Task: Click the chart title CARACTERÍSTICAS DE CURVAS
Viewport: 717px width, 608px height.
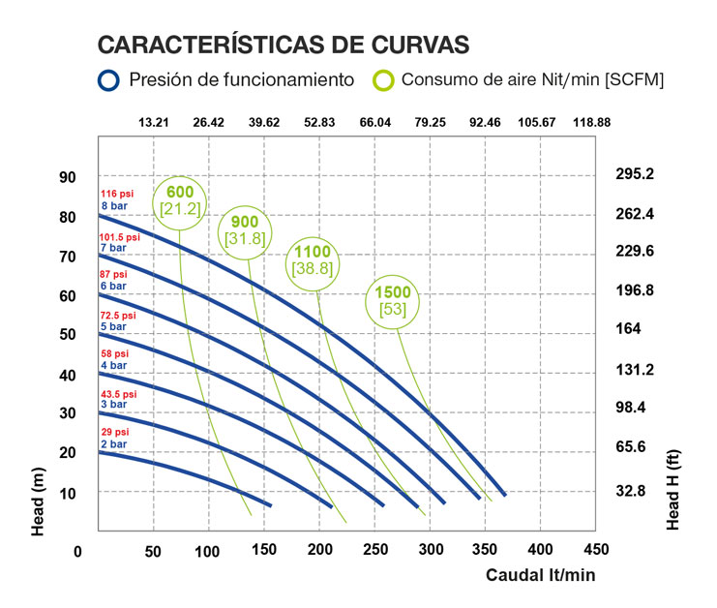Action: (x=284, y=45)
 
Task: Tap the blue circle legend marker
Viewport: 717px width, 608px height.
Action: (x=109, y=80)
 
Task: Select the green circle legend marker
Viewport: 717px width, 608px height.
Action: (x=385, y=80)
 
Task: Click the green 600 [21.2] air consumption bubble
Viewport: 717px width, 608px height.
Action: (x=180, y=198)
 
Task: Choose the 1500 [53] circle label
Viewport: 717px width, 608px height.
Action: (x=393, y=300)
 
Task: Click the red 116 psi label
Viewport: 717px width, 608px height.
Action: (x=115, y=195)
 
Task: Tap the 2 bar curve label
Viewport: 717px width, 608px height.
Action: (x=113, y=444)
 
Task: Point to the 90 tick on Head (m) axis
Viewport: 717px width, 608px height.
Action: (x=67, y=177)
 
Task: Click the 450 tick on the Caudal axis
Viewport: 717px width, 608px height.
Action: (x=597, y=550)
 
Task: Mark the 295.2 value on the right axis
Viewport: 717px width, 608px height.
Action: (x=636, y=175)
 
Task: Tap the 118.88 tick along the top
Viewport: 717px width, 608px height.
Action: (x=591, y=122)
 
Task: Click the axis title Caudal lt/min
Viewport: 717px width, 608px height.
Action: (x=540, y=575)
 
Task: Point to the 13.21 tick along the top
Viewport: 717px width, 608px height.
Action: (x=154, y=122)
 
